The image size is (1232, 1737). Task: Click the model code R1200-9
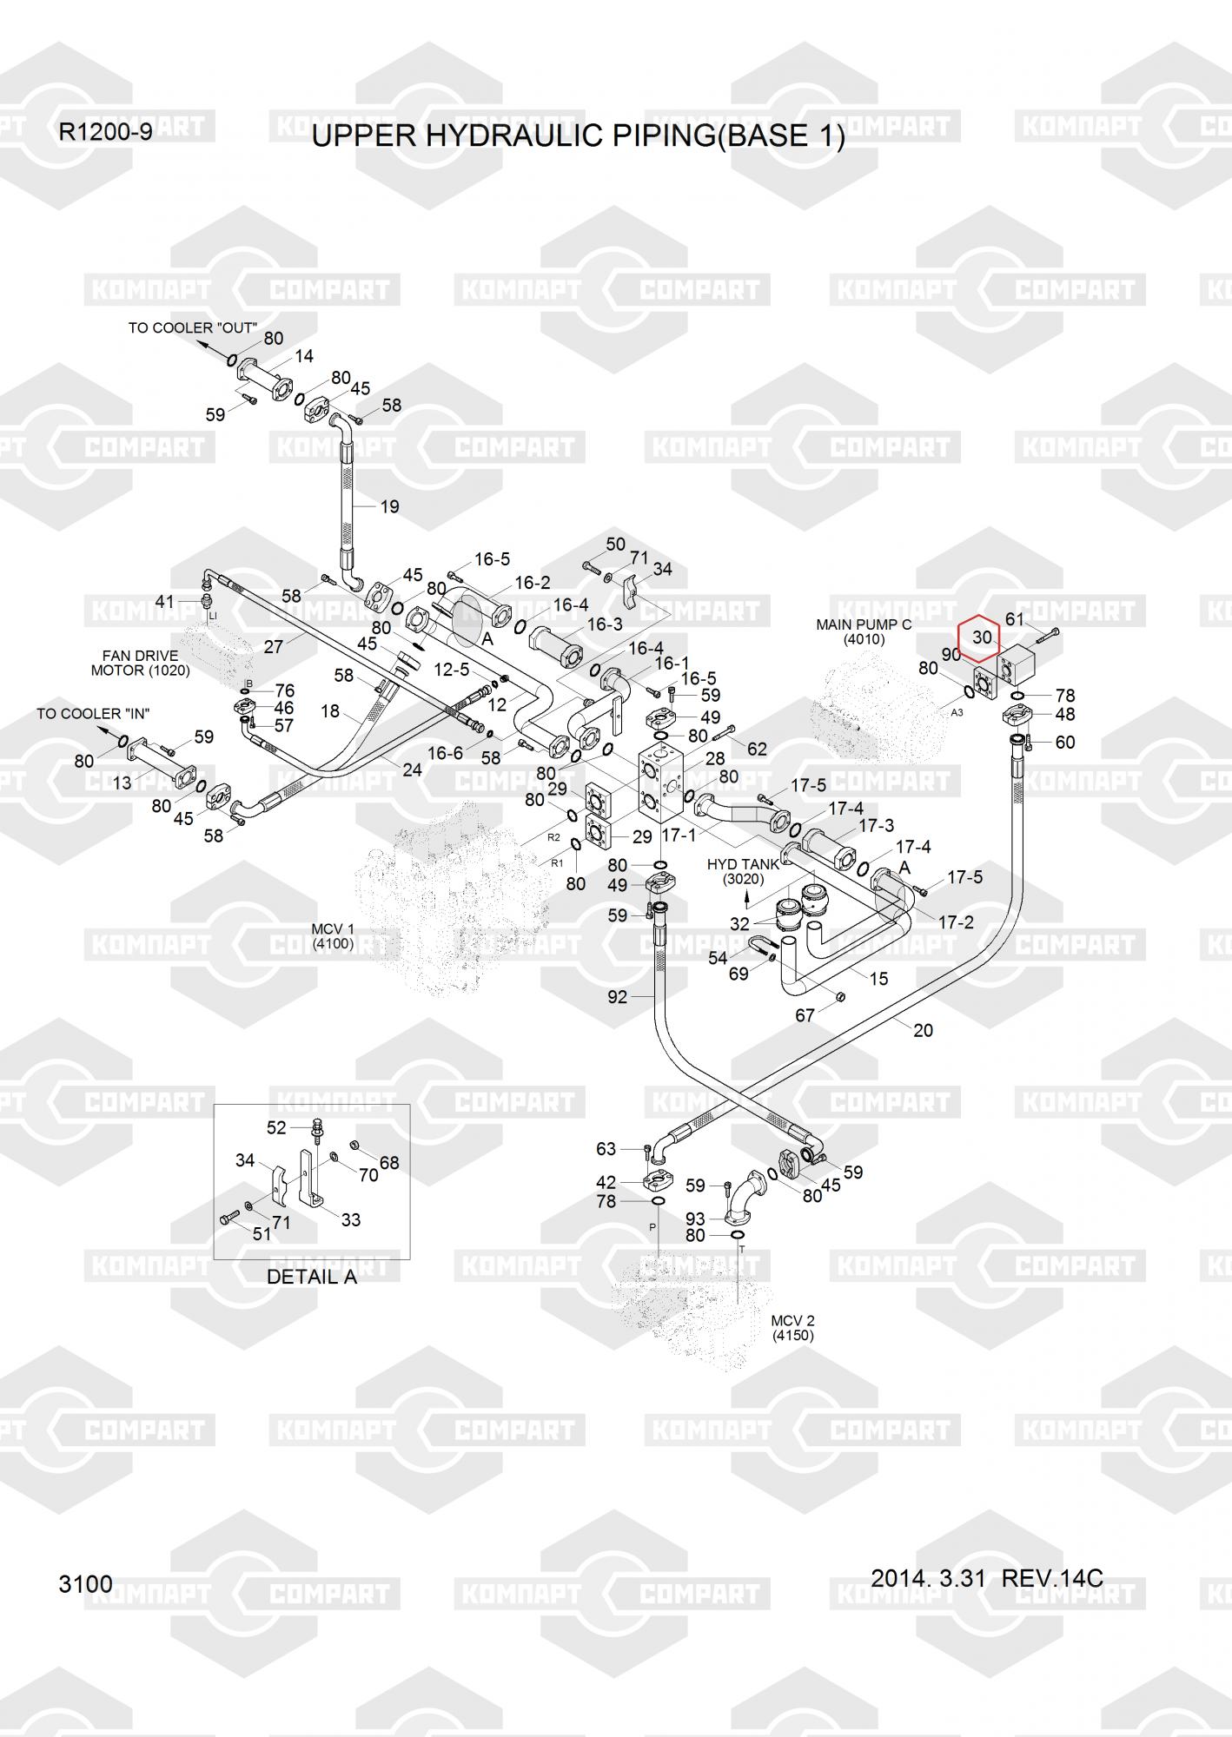coord(105,132)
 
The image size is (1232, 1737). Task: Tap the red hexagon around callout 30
coord(980,638)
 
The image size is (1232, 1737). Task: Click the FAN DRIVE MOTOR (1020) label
coord(140,663)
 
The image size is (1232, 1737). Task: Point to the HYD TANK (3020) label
coord(743,871)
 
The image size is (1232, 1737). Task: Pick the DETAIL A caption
coord(311,1277)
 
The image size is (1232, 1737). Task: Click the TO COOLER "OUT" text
coord(192,327)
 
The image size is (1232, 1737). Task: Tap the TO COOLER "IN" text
coord(93,713)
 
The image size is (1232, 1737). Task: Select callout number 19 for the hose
coord(389,506)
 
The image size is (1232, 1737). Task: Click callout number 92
coord(617,997)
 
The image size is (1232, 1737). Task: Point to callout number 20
coord(923,1030)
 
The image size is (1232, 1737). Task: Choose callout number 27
coord(274,647)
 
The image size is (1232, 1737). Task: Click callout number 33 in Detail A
coord(350,1219)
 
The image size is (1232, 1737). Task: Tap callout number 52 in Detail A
coord(276,1127)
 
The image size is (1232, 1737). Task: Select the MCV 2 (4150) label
coord(792,1327)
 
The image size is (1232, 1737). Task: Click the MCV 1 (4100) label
coord(333,935)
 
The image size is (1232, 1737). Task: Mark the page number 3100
coord(85,1584)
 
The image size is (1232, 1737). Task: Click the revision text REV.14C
coord(1051,1577)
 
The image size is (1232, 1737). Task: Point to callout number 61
coord(1015,618)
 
